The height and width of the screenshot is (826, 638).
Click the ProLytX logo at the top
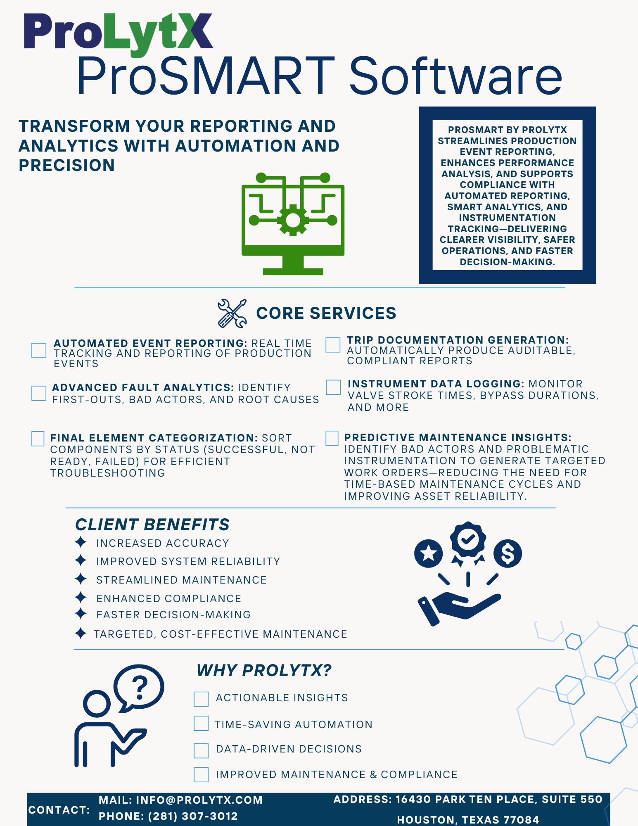pos(118,33)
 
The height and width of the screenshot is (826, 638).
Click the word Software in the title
pos(455,77)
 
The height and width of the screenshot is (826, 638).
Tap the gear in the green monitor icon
pos(293,220)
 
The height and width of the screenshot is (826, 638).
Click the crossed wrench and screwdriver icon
pos(232,313)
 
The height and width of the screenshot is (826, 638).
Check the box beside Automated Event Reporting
pos(39,350)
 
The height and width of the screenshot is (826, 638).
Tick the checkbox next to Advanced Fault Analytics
pos(39,393)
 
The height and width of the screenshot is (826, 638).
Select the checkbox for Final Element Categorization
pos(38,439)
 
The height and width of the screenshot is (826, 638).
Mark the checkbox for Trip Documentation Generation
pos(333,345)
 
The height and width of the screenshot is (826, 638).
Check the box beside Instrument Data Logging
pos(333,387)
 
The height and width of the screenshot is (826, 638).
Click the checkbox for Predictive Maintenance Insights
pos(332,438)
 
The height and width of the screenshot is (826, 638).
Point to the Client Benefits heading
pos(152,525)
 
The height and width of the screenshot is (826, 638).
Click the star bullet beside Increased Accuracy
pos(81,542)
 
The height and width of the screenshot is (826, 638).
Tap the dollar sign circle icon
pos(508,553)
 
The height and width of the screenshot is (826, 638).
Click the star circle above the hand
pos(429,553)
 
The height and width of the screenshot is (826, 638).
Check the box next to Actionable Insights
pos(201,699)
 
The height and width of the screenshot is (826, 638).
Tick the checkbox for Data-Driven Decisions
pos(201,750)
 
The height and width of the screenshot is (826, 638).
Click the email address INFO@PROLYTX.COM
pos(199,800)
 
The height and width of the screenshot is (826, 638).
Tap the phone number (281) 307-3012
pos(193,817)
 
